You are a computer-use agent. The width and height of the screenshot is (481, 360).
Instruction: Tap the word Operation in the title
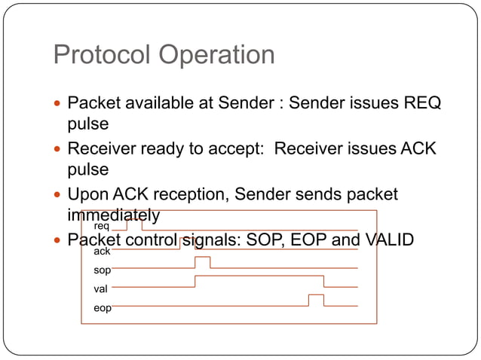(217, 55)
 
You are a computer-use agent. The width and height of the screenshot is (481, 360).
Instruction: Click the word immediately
(113, 215)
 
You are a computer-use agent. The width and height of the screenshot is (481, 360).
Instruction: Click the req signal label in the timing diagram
(101, 226)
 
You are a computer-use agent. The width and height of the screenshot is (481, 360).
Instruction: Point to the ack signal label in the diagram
(101, 252)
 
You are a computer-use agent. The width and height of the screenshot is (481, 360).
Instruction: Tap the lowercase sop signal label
(101, 270)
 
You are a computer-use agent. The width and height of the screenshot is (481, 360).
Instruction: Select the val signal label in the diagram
(100, 288)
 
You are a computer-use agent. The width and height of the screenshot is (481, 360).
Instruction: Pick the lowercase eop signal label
(101, 307)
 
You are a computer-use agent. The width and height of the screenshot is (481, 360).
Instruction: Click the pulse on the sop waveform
(202, 261)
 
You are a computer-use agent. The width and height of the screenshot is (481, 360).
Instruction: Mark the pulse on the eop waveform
(316, 300)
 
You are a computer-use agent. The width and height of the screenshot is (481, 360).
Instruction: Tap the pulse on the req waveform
(134, 224)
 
